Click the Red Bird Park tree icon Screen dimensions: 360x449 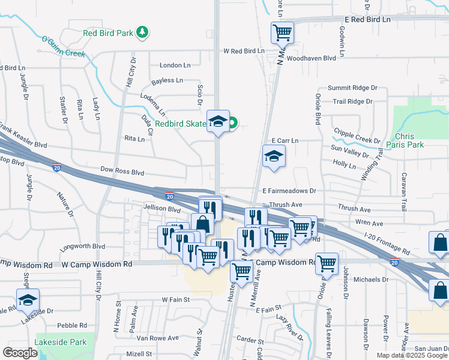(x=142, y=32)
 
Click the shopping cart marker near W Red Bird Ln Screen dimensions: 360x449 (x=282, y=32)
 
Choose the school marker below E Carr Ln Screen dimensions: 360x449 (x=274, y=157)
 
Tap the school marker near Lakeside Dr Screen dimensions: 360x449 (x=28, y=299)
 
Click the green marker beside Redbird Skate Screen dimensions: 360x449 (x=233, y=124)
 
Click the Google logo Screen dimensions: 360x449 (x=20, y=353)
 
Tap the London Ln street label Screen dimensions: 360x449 (x=175, y=65)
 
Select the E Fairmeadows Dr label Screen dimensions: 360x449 (x=289, y=190)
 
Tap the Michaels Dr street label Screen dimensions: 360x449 (x=371, y=280)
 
